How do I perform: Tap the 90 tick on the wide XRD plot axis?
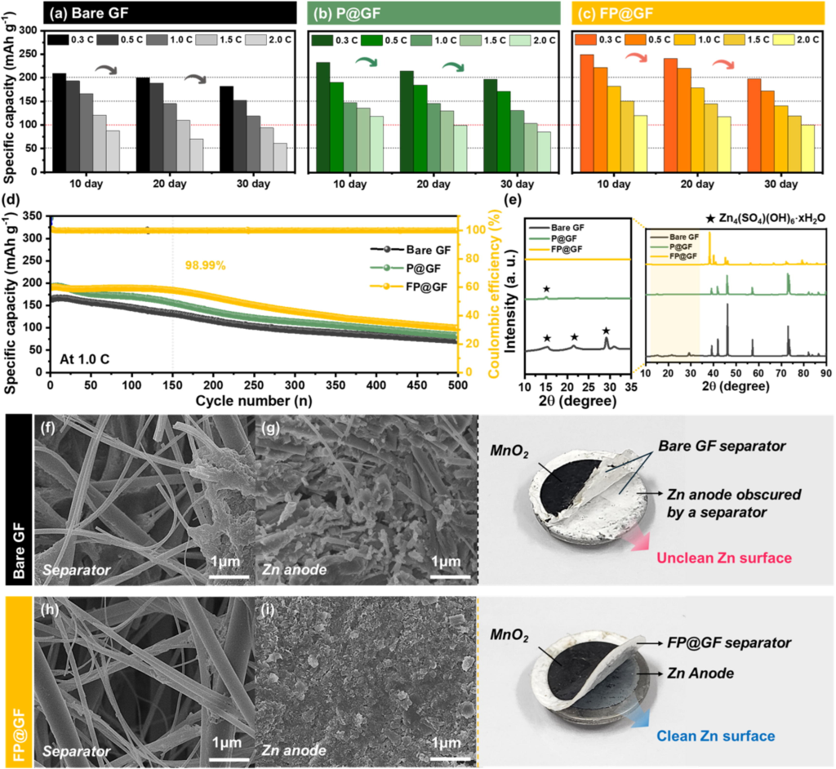point(825,373)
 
